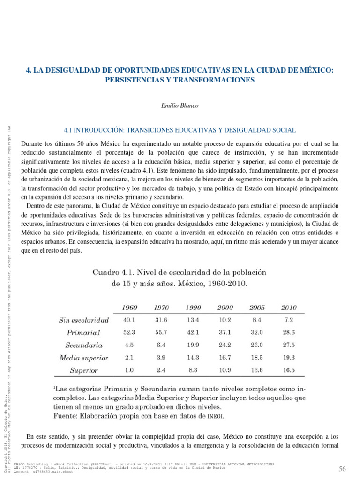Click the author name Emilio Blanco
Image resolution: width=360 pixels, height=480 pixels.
pos(180,105)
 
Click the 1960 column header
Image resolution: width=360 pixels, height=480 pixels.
pos(129,307)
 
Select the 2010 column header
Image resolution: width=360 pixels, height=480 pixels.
pos(289,307)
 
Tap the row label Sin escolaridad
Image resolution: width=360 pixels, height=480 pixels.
pos(84,320)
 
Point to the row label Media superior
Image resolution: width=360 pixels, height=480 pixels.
pos(84,358)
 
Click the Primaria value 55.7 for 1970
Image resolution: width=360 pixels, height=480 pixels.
pos(161,333)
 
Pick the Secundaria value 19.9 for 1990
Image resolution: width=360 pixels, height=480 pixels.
pos(193,345)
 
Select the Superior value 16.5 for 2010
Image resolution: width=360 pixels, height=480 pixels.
pos(289,370)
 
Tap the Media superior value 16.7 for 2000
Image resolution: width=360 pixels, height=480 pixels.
pos(225,358)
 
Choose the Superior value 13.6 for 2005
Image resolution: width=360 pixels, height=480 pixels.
pos(257,370)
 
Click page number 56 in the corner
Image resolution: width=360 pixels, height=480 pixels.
pos(342,469)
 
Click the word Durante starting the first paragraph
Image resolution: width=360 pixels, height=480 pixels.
pos(34,143)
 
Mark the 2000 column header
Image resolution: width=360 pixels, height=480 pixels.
pos(225,307)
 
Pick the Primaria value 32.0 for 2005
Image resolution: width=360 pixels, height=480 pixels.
pos(257,333)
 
